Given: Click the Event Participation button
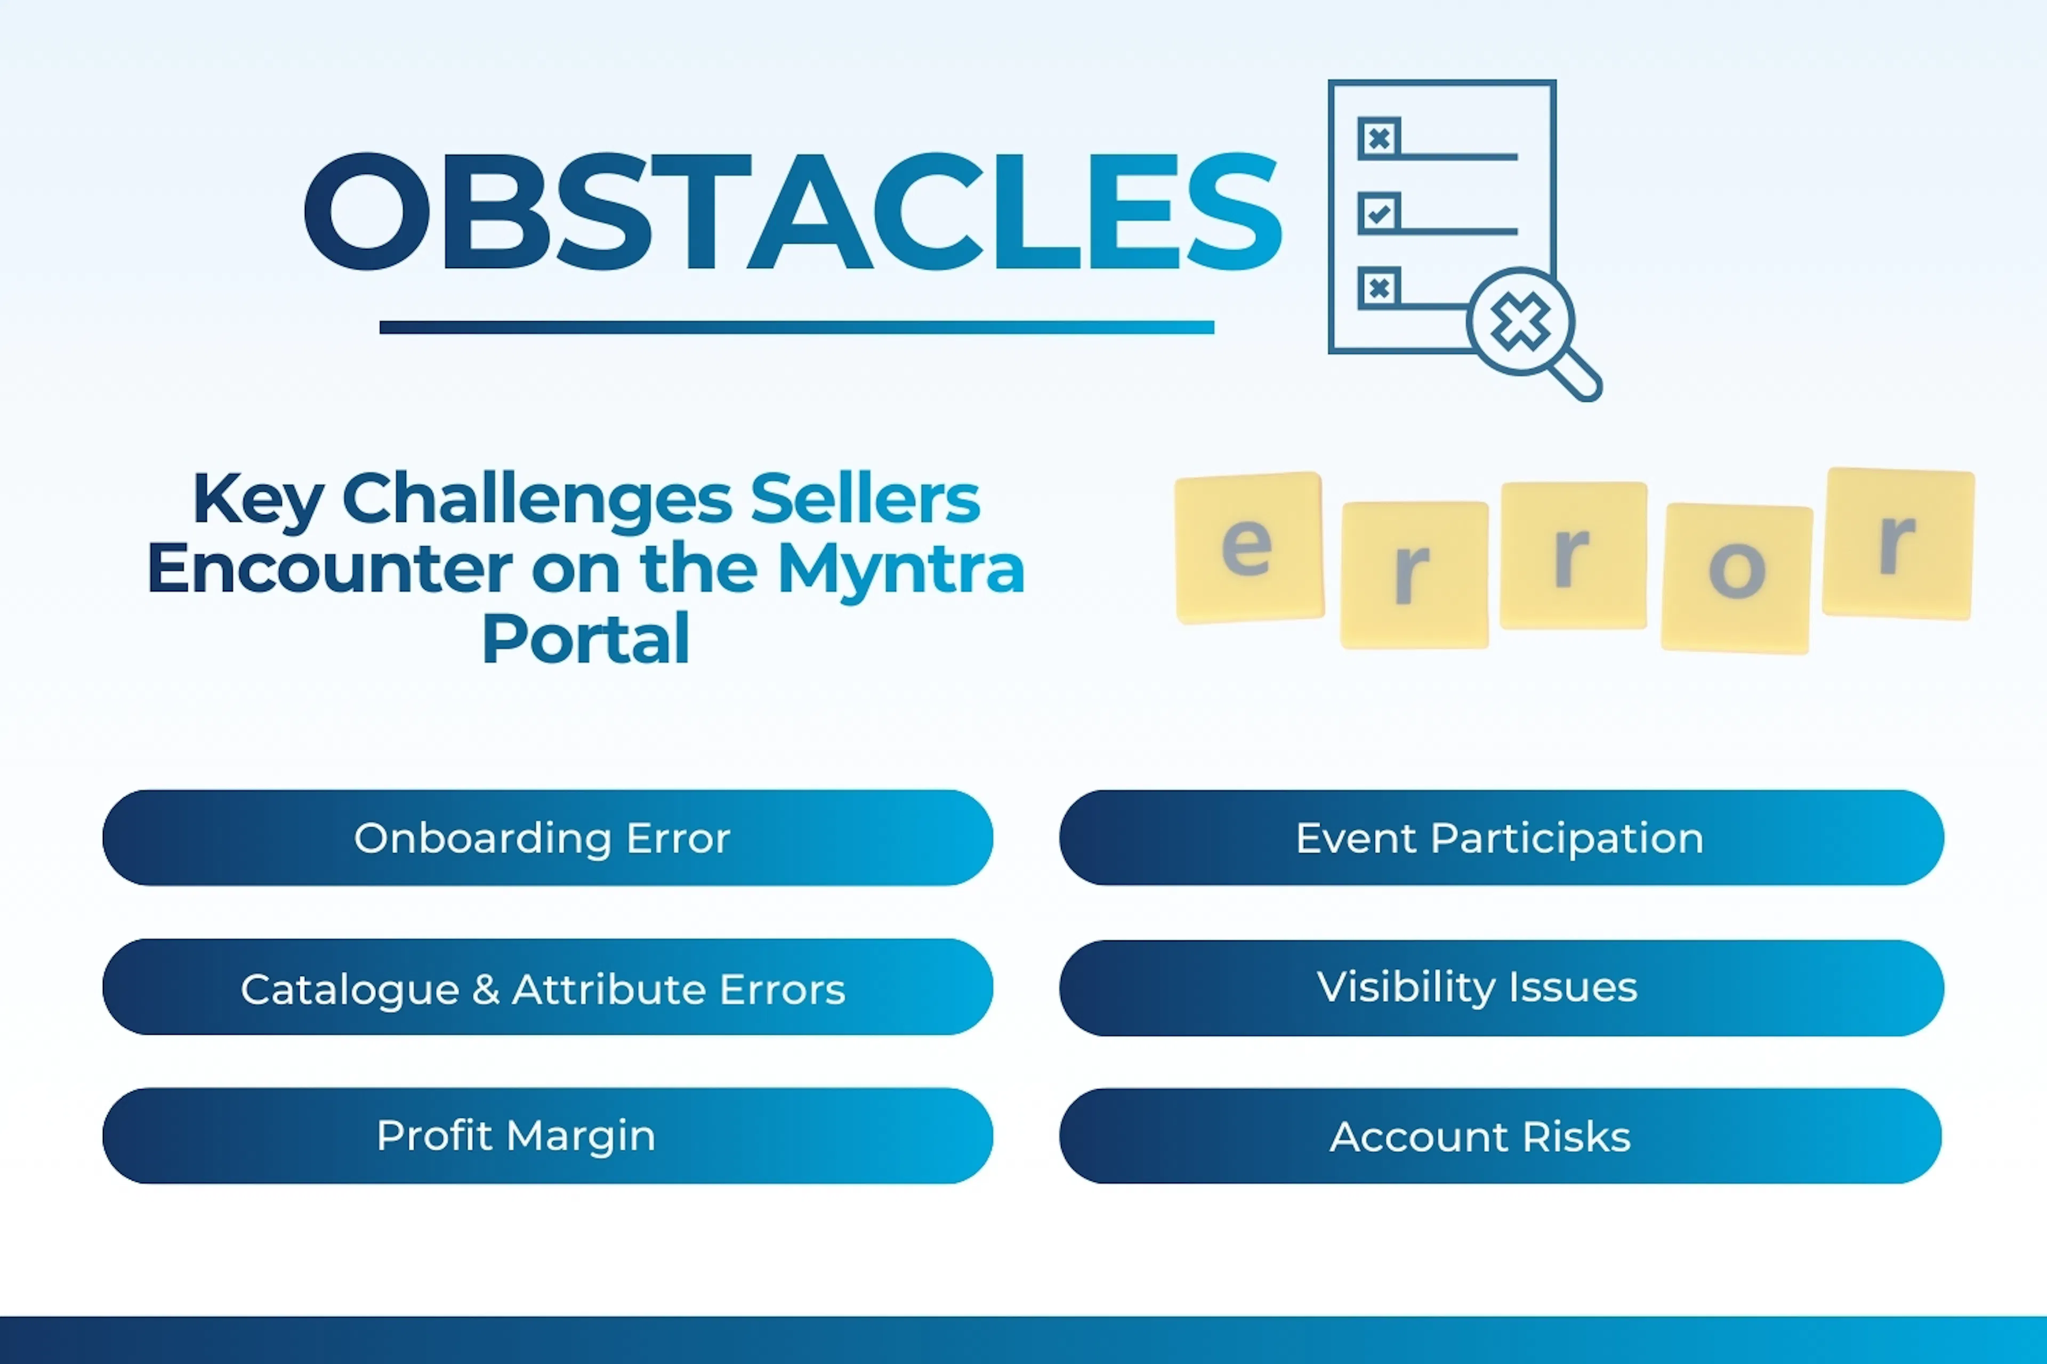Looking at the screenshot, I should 1501,838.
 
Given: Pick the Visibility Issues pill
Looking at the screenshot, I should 1501,987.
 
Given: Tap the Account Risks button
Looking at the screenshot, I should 1501,1135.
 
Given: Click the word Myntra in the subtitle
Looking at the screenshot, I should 901,570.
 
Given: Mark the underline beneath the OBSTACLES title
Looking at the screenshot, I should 796,327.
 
